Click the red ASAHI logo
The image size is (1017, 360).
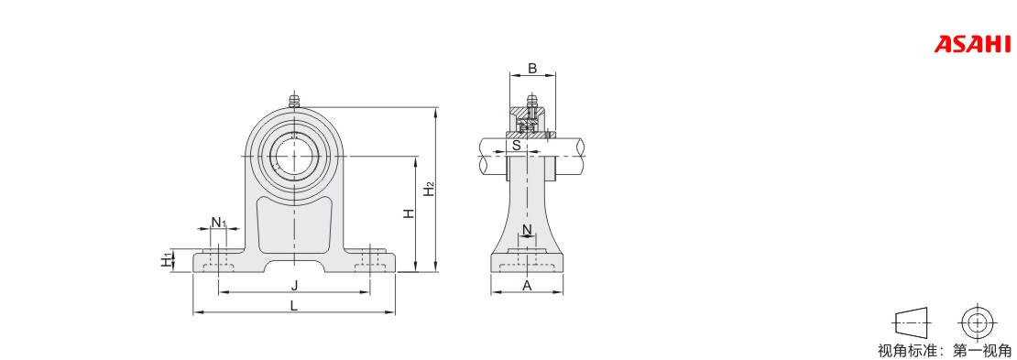point(972,44)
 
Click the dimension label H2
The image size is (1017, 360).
point(429,188)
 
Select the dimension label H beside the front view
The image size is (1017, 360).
point(409,213)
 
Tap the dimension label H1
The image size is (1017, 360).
point(168,260)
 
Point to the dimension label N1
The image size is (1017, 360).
point(219,222)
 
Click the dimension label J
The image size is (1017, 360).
point(294,285)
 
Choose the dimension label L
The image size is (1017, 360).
point(294,306)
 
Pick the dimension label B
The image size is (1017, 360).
point(531,68)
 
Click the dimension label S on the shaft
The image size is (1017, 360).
point(516,146)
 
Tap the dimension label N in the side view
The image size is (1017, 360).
point(527,229)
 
